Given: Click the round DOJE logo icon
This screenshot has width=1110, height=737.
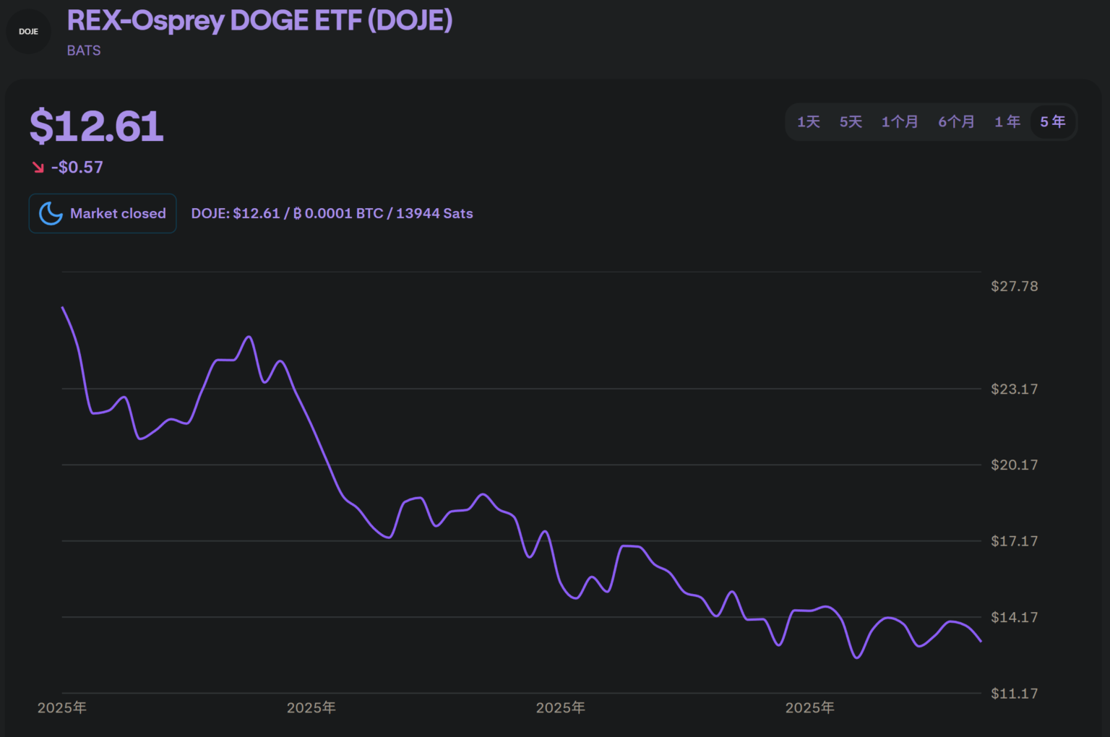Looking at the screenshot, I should point(29,32).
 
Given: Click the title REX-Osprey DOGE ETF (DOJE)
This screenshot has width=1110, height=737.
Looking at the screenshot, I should point(259,21).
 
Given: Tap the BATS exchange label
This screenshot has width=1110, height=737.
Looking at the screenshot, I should point(84,51).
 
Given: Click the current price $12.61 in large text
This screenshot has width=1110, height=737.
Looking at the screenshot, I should point(97,126).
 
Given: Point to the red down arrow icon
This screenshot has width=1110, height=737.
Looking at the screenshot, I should point(38,168).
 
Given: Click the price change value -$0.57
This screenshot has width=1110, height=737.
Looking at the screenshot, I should point(77,168).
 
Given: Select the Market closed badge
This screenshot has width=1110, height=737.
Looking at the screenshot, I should point(103,213).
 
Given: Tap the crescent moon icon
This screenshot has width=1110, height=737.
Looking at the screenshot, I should point(51,213).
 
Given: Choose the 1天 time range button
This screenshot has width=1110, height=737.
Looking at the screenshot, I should point(809,122).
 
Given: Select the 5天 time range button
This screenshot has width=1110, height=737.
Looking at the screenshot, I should point(851,122).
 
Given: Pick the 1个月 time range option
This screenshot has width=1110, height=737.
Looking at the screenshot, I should point(900,122).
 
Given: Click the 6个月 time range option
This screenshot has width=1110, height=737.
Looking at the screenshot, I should point(956,122).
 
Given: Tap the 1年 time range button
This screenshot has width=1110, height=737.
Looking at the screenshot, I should point(1007,122).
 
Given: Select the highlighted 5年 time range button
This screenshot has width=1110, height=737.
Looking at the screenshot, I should point(1053,122).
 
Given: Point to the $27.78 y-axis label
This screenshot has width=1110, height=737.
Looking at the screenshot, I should point(1014,286).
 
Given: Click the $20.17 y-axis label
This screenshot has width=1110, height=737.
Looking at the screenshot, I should point(1014,465).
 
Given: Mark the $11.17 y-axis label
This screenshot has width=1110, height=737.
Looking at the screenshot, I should point(1014,694).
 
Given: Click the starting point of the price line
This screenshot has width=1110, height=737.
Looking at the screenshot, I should point(63,308).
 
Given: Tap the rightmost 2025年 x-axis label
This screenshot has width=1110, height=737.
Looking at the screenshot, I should point(809,708).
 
